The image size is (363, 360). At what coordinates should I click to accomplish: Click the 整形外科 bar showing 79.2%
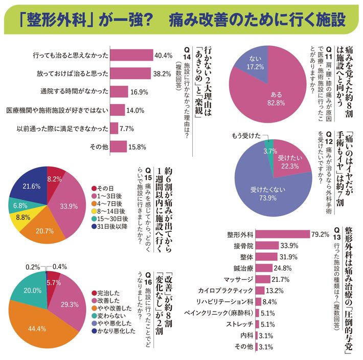[x=281, y=234]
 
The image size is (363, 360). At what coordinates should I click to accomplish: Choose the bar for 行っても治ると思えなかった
[x=131, y=55]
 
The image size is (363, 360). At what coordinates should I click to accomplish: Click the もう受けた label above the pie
[x=246, y=136]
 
